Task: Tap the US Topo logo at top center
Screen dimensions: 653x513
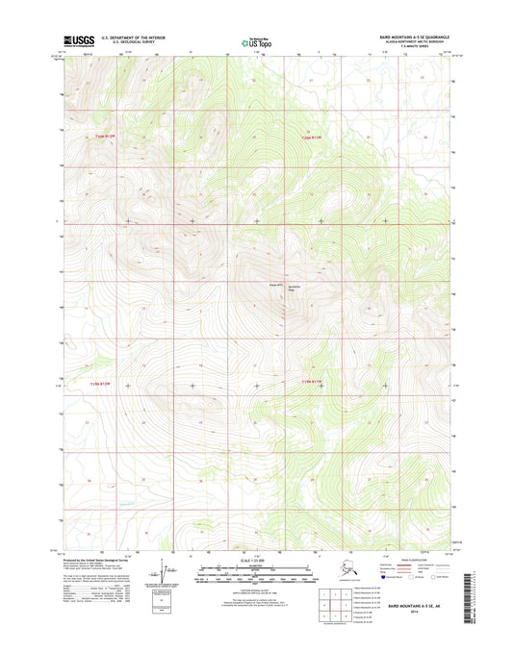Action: tap(256, 41)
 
